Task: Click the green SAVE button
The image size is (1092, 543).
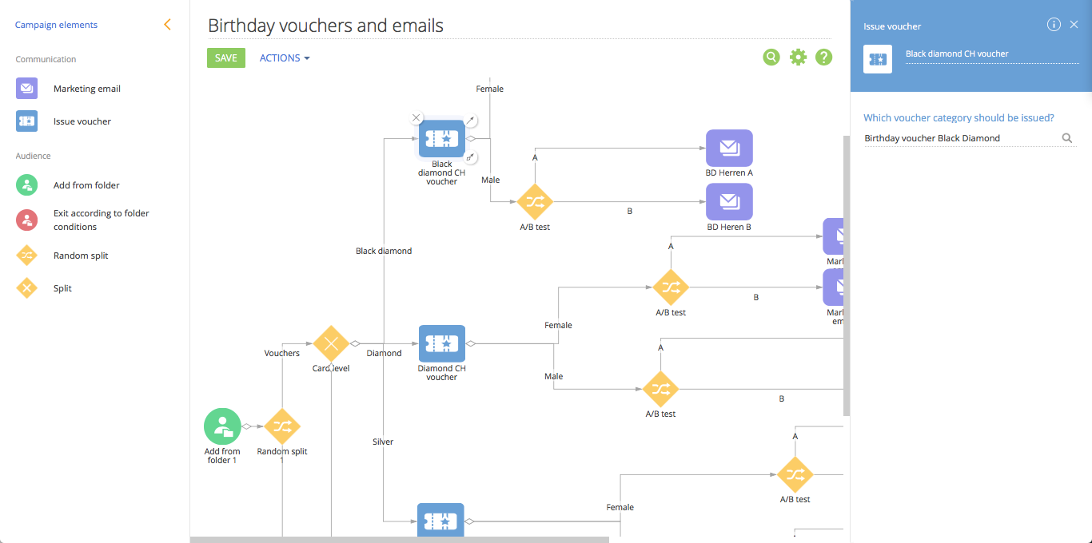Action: [226, 57]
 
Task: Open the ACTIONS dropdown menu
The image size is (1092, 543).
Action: [284, 57]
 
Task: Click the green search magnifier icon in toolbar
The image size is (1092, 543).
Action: [771, 57]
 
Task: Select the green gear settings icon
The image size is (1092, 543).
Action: [798, 57]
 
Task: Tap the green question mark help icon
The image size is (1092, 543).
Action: [823, 57]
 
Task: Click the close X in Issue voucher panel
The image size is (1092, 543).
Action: [1074, 25]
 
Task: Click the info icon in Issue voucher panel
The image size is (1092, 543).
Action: [1054, 25]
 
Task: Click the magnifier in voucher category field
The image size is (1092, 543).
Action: [1066, 138]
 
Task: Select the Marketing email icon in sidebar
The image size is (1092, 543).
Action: [27, 89]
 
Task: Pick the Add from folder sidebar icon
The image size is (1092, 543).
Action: [27, 185]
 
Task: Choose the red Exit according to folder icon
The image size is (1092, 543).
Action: [27, 220]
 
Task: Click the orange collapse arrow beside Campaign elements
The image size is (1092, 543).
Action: [167, 25]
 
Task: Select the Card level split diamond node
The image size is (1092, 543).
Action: [331, 343]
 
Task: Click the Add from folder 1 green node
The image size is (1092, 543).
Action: [222, 426]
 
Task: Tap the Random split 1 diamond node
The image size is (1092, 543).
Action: [282, 426]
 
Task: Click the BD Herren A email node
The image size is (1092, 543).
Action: [729, 148]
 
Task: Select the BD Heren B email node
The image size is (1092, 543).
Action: [729, 202]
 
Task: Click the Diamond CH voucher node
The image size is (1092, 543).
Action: [441, 343]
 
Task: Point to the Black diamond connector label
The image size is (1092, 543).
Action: [384, 251]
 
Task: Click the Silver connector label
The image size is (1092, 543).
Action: [383, 442]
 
